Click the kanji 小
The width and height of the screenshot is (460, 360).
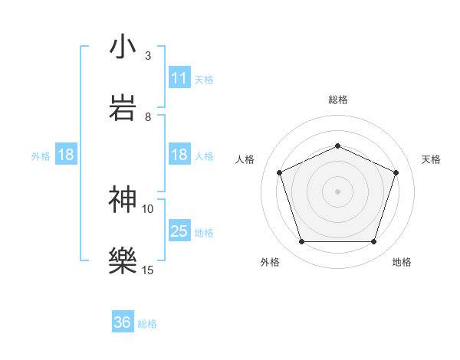tap(123, 47)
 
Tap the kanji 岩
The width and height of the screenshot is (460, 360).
tap(123, 106)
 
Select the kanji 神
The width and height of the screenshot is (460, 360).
tap(123, 199)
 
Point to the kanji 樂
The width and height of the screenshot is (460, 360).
tap(123, 260)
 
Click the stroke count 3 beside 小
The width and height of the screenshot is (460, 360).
tap(148, 56)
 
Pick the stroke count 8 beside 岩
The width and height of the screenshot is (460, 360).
tap(148, 116)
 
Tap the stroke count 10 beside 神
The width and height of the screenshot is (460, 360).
tap(148, 208)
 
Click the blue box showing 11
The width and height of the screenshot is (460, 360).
tap(179, 78)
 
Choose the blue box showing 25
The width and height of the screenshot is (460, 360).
tap(179, 231)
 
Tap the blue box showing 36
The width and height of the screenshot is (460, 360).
tap(123, 322)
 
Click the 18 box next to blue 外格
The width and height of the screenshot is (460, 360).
tap(66, 155)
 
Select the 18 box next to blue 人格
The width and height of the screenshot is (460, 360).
tap(179, 155)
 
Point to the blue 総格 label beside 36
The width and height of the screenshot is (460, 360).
tap(147, 323)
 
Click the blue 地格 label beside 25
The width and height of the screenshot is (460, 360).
tap(204, 232)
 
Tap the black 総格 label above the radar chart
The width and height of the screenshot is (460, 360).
tap(337, 100)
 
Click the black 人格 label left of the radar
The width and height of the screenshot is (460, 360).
tap(245, 159)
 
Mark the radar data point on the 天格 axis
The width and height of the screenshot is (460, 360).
tap(396, 172)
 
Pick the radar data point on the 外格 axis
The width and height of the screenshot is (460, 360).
tap(301, 241)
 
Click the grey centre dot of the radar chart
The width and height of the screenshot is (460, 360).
tap(337, 191)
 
